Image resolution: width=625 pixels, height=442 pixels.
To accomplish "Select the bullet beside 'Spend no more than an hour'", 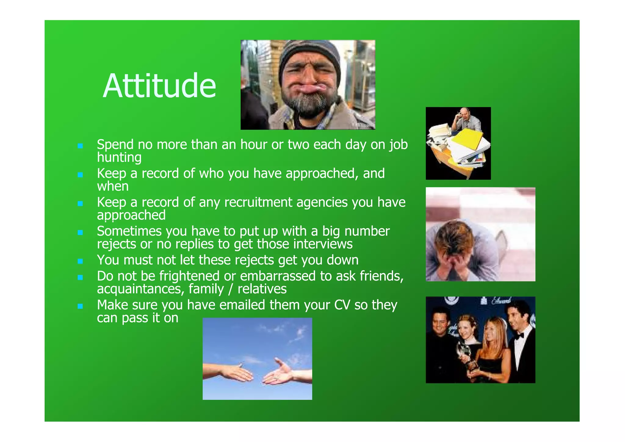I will coord(80,146).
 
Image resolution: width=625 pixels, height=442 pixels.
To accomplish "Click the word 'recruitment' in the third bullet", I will coord(258,202).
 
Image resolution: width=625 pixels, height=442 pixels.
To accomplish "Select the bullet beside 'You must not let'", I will coord(80,261).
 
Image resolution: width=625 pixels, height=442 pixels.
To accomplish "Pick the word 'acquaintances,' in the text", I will coord(141,289).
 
